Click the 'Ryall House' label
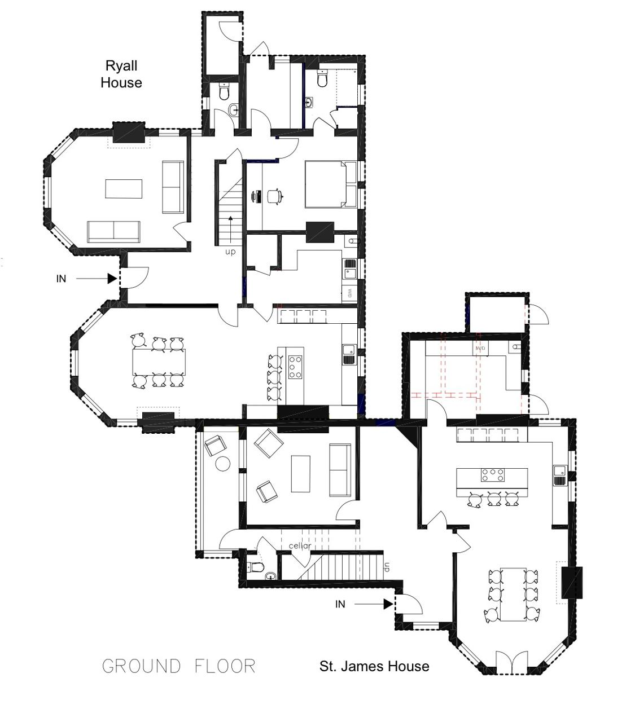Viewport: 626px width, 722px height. click(x=121, y=74)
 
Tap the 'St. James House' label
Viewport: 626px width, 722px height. click(x=374, y=666)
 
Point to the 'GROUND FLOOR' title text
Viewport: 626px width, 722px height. click(x=179, y=666)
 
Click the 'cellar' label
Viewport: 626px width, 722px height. click(x=300, y=545)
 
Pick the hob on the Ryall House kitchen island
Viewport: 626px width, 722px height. click(x=295, y=367)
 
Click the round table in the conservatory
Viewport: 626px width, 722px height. click(x=222, y=464)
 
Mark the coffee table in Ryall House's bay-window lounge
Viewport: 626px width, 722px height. click(x=124, y=189)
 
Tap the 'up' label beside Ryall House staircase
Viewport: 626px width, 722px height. click(x=230, y=252)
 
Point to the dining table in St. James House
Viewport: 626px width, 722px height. click(x=513, y=595)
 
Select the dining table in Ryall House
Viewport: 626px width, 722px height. click(x=159, y=362)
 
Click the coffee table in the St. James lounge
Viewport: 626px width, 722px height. click(x=301, y=474)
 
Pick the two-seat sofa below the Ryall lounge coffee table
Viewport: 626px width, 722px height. click(x=113, y=232)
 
